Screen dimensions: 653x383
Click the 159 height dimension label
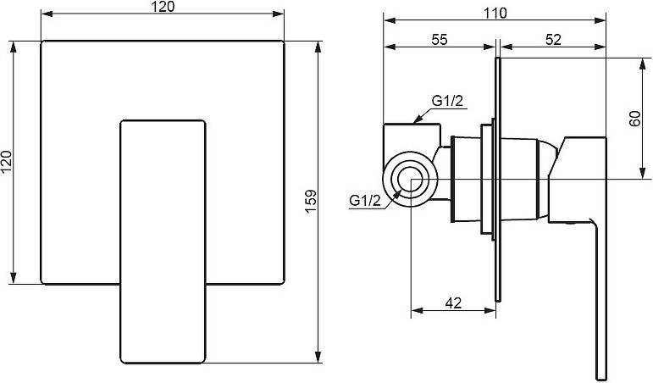[x=311, y=202]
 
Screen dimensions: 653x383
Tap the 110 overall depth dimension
[x=495, y=13]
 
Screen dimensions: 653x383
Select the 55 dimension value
[x=440, y=39]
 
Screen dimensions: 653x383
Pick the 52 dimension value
[x=553, y=39]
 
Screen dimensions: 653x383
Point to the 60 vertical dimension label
[x=635, y=119]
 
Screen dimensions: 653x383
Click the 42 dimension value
[x=453, y=303]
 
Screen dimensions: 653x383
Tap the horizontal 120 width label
[x=163, y=7]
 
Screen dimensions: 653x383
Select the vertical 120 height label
[x=7, y=162]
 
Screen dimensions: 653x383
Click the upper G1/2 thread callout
[x=447, y=101]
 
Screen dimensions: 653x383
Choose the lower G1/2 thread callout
[x=365, y=201]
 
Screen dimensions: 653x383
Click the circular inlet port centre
[x=411, y=179]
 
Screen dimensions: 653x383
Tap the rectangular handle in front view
[x=163, y=241]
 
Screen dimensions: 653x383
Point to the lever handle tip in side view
[x=601, y=375]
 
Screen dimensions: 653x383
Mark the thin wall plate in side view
[x=498, y=179]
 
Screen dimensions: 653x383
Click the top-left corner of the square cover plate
[x=42, y=41]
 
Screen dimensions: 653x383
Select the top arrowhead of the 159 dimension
[x=318, y=46]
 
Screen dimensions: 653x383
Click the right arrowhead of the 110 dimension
[x=600, y=19]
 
